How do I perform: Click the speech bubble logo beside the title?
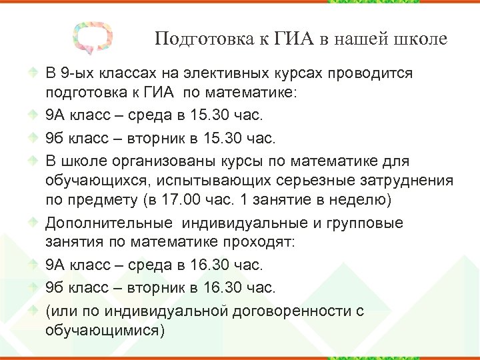pyautogui.click(x=93, y=38)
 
